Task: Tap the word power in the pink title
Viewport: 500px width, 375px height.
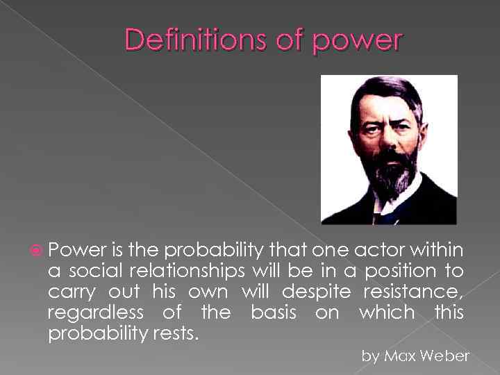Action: point(356,42)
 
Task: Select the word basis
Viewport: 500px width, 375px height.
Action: point(272,313)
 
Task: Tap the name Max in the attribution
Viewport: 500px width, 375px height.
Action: point(403,357)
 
